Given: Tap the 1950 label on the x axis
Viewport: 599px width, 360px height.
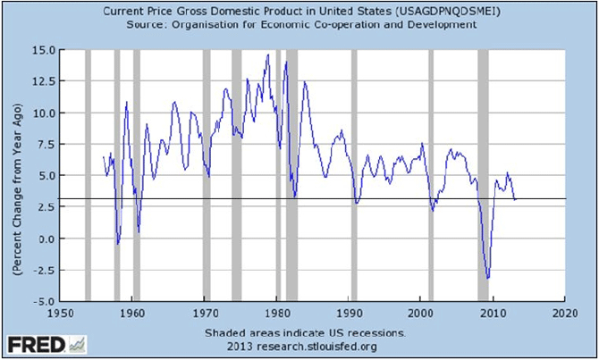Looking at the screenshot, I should pyautogui.click(x=59, y=314).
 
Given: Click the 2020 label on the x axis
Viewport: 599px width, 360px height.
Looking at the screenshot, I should pyautogui.click(x=565, y=314).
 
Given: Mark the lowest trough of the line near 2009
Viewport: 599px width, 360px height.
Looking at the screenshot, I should pyautogui.click(x=487, y=278).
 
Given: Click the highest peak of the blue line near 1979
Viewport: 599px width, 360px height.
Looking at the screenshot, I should pyautogui.click(x=267, y=55).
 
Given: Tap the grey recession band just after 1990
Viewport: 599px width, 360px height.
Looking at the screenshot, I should pyautogui.click(x=354, y=176).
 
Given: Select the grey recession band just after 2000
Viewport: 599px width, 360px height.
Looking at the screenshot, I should pyautogui.click(x=432, y=176).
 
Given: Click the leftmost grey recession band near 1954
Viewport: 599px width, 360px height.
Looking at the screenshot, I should pyautogui.click(x=88, y=176).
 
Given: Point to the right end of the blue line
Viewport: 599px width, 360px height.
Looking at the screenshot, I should pyautogui.click(x=515, y=199).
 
